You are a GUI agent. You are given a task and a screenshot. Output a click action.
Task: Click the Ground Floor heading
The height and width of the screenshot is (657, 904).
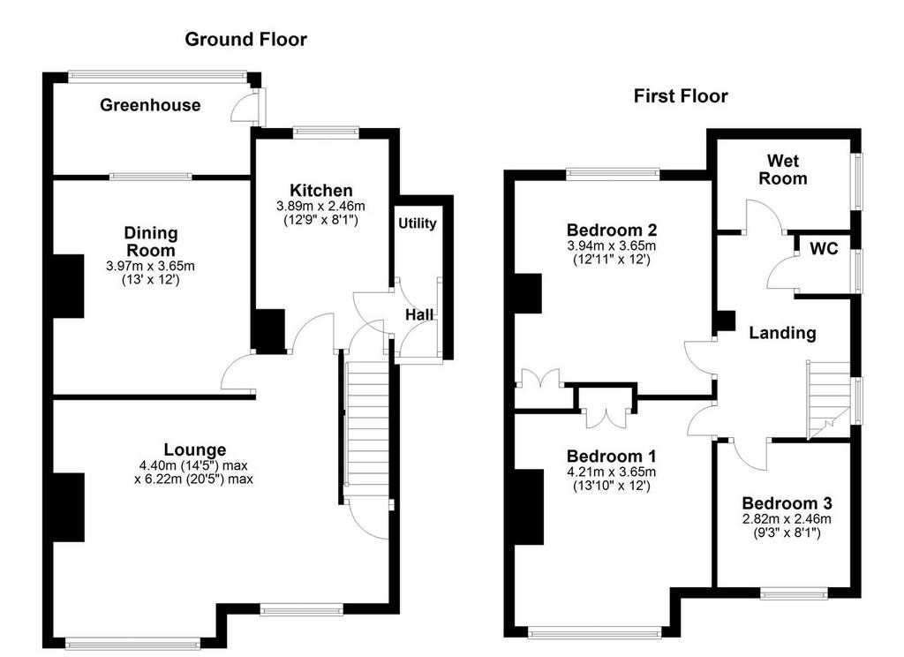(x=245, y=39)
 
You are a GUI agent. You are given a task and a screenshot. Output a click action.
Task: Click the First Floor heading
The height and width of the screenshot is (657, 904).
(x=681, y=95)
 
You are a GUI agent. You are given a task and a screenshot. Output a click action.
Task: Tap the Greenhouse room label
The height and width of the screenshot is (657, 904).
(x=150, y=105)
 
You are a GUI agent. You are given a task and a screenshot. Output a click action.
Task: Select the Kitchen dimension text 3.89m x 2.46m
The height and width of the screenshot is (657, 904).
(x=320, y=206)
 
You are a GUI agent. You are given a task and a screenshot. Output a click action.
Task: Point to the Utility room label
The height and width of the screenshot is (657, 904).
(x=418, y=223)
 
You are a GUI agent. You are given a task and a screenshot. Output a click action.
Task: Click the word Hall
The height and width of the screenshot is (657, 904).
(x=419, y=315)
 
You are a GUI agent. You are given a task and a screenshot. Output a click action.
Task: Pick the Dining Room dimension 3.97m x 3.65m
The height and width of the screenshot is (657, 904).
(x=150, y=267)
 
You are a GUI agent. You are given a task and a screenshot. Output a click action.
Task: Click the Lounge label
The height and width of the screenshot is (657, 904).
(x=195, y=449)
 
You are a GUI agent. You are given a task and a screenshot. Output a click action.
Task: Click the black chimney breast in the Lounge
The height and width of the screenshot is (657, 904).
(x=69, y=507)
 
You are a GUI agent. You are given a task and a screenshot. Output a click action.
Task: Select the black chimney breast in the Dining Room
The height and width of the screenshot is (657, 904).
(x=69, y=285)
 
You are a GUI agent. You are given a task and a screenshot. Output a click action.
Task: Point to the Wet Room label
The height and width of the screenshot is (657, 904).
(x=782, y=170)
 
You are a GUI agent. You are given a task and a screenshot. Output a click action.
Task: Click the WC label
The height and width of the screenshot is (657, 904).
(x=824, y=249)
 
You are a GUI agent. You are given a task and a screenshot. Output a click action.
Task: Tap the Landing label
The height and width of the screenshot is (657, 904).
(x=782, y=333)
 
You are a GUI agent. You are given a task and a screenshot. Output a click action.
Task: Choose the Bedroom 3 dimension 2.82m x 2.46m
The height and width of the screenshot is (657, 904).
(x=787, y=519)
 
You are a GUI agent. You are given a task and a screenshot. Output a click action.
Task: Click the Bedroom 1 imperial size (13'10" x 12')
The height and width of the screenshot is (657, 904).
(x=611, y=486)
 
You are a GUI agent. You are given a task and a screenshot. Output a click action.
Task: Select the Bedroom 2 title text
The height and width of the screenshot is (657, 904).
(x=612, y=230)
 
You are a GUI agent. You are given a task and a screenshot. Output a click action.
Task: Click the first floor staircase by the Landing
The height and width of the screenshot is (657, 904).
(x=828, y=400)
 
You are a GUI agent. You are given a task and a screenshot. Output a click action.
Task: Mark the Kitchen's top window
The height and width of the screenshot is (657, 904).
(x=325, y=132)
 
